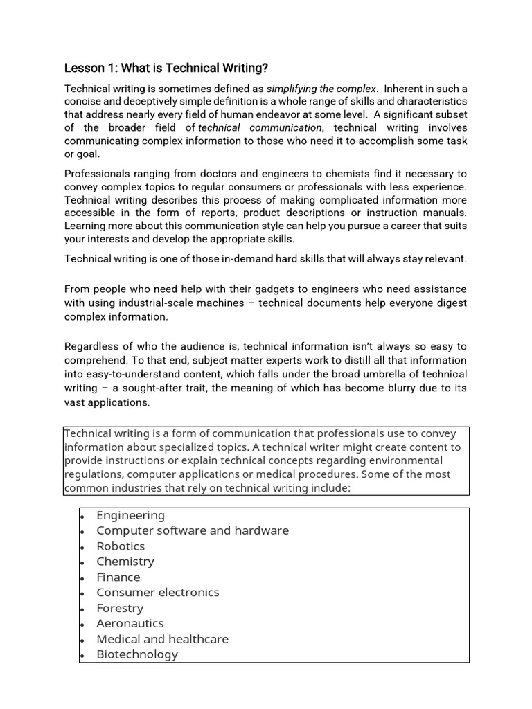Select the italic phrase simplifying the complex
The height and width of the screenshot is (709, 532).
321,89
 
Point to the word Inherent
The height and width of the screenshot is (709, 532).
405,89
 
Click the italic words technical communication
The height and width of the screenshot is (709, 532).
260,127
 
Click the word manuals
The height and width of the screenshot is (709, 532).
445,213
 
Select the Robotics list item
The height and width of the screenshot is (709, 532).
121,546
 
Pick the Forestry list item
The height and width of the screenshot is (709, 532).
120,608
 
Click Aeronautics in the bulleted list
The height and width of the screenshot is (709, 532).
130,623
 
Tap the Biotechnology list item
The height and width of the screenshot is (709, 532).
137,654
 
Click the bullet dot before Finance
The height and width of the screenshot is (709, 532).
82,578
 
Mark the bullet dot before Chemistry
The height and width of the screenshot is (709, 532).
82,563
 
